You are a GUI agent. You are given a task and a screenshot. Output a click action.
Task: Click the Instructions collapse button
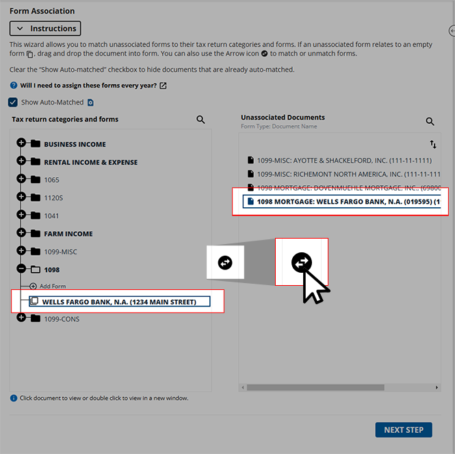coord(45,29)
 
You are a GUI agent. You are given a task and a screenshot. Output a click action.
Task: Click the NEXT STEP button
coord(403,430)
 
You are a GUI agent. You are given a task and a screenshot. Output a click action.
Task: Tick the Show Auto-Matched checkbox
coord(13,103)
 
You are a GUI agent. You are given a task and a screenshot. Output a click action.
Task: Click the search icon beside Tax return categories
coord(200,120)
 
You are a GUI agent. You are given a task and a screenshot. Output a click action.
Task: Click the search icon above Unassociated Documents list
coord(430,122)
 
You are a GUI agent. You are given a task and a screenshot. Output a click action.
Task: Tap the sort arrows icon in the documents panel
coord(433,144)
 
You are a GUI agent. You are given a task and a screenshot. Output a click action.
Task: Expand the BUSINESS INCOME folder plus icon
coord(21,144)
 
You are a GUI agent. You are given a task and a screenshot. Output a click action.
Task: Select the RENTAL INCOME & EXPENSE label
coord(90,163)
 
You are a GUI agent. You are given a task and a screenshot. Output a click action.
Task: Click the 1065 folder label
coord(51,181)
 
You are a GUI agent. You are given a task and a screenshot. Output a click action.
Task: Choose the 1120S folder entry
coord(53,198)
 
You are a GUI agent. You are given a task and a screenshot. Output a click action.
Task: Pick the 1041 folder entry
coord(51,216)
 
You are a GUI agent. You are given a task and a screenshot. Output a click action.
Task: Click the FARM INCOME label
coord(68,234)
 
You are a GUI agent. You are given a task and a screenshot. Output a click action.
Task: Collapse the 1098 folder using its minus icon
coord(21,269)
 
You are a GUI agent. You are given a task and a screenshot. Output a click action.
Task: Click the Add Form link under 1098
coord(52,286)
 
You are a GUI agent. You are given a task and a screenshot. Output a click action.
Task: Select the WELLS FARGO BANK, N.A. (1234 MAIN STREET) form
coord(119,302)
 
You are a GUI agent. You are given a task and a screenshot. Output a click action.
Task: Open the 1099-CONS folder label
coord(62,319)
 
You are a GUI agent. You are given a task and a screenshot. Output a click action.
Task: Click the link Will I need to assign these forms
coord(88,85)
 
